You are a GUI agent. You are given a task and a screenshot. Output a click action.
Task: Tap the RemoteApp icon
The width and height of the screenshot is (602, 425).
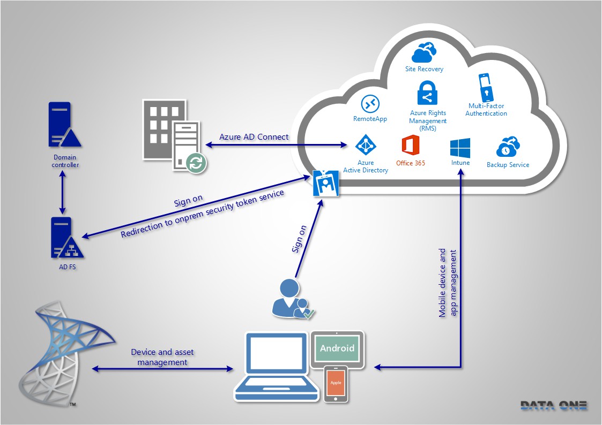coord(370,104)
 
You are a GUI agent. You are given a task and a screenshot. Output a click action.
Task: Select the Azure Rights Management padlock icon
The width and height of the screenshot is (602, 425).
coord(427,94)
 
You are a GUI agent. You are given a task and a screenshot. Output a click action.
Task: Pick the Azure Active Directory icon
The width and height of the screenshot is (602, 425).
coord(367,145)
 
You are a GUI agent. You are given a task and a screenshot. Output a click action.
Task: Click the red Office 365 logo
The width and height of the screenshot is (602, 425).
coord(410,146)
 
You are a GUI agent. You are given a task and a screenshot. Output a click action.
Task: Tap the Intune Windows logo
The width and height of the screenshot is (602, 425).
coord(460,148)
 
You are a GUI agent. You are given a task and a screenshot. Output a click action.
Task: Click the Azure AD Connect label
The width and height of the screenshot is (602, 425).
coord(254,136)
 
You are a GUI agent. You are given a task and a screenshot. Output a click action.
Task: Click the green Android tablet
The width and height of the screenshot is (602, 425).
coord(337,348)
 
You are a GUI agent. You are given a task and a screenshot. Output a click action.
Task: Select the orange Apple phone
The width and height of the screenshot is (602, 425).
coord(336,383)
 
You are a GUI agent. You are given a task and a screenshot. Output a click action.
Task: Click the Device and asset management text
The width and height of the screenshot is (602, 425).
coord(162,357)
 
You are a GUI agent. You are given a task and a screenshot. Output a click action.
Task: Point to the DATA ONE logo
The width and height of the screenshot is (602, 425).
coord(553,406)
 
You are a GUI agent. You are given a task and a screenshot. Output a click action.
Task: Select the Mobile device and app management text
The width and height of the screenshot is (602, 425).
coord(448,283)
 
